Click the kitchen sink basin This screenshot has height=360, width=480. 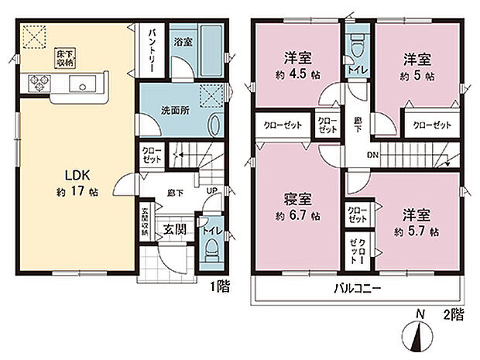(81, 83)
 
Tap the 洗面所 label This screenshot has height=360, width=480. (172, 110)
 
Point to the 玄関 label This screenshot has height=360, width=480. (173, 229)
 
